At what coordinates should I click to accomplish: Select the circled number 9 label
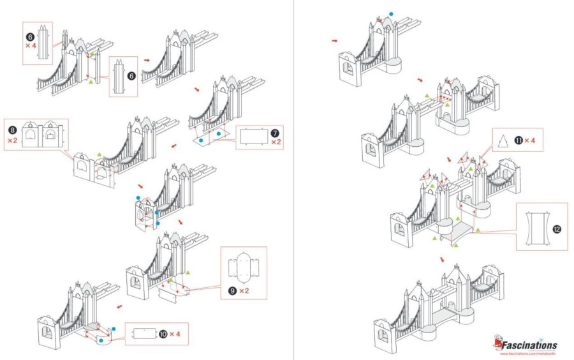[232, 290]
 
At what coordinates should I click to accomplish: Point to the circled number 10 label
[165, 334]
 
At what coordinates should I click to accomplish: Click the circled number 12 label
[557, 229]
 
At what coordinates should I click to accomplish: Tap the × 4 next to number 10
[179, 334]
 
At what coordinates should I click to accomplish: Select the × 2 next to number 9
[244, 290]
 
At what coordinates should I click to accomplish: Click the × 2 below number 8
[12, 139]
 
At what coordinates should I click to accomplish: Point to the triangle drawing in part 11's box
[503, 140]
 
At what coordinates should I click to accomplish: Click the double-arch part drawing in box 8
[41, 134]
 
